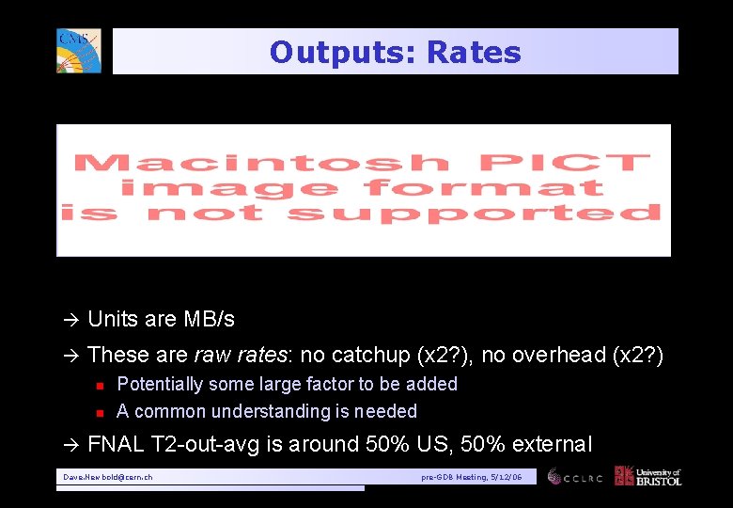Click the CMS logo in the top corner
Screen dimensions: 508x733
click(78, 51)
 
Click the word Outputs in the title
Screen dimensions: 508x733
click(342, 53)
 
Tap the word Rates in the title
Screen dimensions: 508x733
click(474, 53)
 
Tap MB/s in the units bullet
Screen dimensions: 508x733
click(208, 320)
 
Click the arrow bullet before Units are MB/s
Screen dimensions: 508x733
click(70, 320)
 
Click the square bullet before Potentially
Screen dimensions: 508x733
click(97, 385)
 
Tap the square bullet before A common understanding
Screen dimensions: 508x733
click(97, 412)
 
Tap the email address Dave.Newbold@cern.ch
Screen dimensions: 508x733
click(108, 478)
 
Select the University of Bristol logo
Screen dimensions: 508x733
click(647, 476)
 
